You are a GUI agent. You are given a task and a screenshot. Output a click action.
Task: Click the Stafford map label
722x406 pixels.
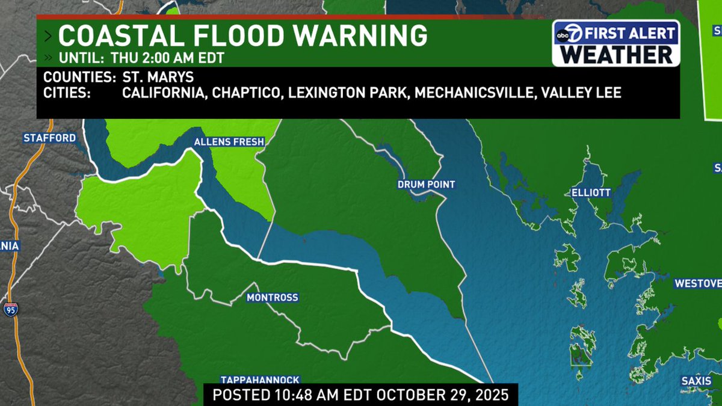[x=50, y=138]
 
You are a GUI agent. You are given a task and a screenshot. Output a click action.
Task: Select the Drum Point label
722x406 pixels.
[x=426, y=185]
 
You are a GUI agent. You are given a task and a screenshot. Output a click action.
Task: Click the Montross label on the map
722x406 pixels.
[x=273, y=298]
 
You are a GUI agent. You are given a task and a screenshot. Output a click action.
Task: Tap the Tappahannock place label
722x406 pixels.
[x=260, y=380]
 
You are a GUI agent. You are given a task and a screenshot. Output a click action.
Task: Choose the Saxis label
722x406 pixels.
[x=696, y=381]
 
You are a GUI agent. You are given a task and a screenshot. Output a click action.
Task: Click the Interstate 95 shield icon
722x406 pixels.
[x=10, y=310]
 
